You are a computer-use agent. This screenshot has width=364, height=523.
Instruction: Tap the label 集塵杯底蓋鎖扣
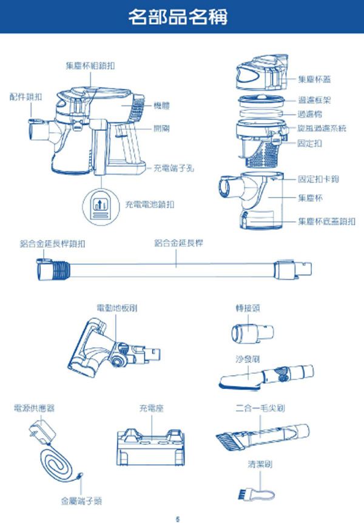(x=326, y=221)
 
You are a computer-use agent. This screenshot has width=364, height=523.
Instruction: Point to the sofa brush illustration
(x=267, y=377)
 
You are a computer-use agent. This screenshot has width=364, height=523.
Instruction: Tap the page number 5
(x=178, y=517)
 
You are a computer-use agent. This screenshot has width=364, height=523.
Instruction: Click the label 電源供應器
(x=35, y=409)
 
